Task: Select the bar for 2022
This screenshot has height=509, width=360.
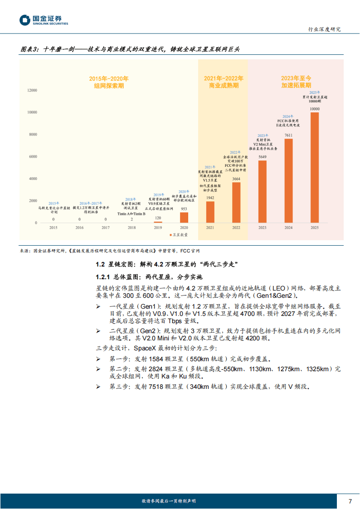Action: tap(236, 203)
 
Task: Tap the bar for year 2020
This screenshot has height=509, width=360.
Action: tap(184, 218)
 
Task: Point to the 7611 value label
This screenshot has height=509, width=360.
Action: tap(288, 135)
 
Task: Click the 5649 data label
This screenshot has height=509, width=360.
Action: tap(262, 157)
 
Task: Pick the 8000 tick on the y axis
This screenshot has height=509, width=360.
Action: tap(33, 135)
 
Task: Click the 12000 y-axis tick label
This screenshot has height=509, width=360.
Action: tap(32, 91)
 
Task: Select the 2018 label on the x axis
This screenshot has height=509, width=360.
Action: tap(131, 228)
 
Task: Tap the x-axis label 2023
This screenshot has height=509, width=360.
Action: tap(262, 228)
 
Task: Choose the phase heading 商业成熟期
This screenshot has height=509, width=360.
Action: tap(224, 85)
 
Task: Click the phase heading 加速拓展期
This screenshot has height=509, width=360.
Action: tap(296, 85)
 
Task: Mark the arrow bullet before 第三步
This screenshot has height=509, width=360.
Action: tap(98, 387)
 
